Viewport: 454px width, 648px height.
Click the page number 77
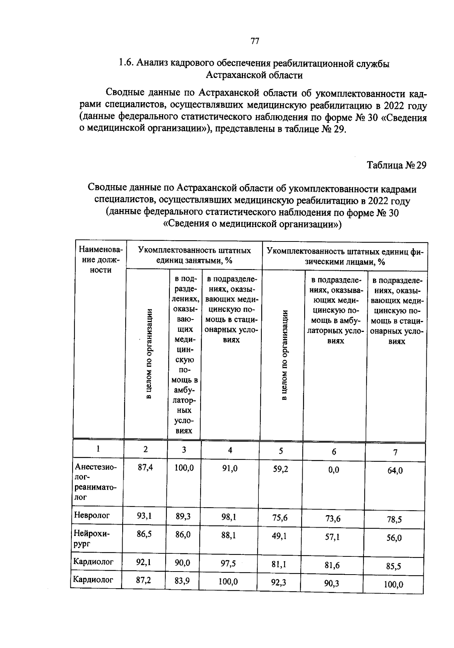(x=255, y=41)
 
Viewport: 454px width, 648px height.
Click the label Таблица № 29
(x=396, y=165)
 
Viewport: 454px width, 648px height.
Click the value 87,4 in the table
(x=145, y=467)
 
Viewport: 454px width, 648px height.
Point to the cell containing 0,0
(x=334, y=470)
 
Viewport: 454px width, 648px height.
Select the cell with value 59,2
(x=280, y=469)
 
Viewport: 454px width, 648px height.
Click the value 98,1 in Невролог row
(x=229, y=517)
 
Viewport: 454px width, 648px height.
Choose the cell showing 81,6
(x=332, y=565)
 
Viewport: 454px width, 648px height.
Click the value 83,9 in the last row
(x=182, y=581)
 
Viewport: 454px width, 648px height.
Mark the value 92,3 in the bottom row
(x=278, y=582)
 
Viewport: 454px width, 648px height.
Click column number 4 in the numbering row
(x=230, y=450)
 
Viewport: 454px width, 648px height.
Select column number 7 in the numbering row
(x=395, y=452)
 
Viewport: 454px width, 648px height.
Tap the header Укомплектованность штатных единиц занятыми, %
(x=194, y=255)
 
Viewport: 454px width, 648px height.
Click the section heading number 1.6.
(x=125, y=63)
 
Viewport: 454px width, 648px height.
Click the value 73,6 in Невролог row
(x=333, y=519)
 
